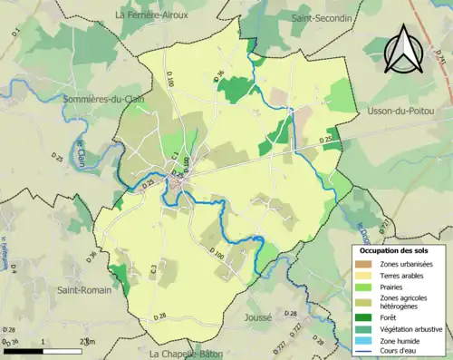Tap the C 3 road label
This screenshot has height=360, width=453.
point(155,268)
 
